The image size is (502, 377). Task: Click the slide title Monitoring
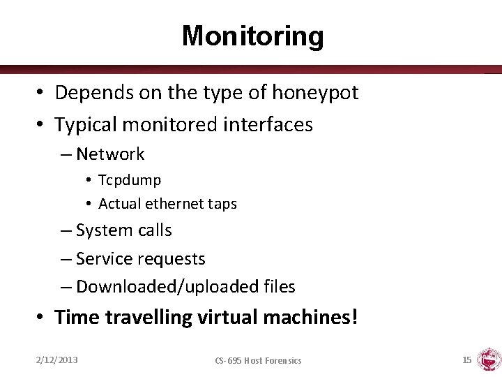[x=252, y=36]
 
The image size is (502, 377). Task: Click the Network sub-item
[x=110, y=154]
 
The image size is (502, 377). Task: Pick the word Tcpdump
[x=130, y=180]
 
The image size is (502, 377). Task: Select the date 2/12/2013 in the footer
[x=57, y=360]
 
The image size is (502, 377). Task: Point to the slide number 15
[x=466, y=360]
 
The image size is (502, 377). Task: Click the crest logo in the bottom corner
[x=489, y=359]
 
